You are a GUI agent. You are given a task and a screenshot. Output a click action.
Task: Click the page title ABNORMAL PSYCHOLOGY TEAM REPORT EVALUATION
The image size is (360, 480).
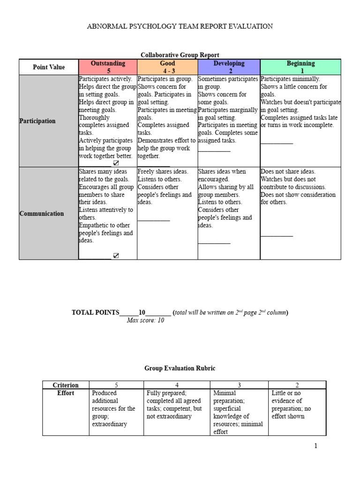(x=180, y=26)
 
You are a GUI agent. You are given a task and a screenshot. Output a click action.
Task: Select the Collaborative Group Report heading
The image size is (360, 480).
(x=180, y=55)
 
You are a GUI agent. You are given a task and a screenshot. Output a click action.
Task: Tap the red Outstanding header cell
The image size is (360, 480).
(x=108, y=67)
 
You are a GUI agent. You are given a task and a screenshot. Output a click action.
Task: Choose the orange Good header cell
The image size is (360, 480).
(x=167, y=67)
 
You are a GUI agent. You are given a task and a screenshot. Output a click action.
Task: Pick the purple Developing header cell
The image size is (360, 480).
(x=229, y=67)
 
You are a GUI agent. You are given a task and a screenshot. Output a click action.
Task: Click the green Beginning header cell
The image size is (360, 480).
(x=300, y=67)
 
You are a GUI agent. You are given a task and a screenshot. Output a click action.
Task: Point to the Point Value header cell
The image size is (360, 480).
(x=49, y=67)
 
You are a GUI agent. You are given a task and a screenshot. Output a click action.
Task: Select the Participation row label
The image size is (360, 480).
(x=37, y=121)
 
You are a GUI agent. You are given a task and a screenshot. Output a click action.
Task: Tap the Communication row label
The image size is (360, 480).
(x=42, y=214)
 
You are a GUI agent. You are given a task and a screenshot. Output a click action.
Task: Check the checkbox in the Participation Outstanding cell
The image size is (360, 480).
(x=116, y=163)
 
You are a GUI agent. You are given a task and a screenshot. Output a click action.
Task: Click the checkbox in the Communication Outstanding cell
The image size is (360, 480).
(x=116, y=255)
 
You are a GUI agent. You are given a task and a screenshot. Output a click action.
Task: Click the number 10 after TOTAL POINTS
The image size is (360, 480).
(x=142, y=313)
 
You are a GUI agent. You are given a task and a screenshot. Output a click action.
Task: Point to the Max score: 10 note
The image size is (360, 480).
(x=145, y=321)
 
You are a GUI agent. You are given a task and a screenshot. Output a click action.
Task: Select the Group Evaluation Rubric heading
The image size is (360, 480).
(x=180, y=368)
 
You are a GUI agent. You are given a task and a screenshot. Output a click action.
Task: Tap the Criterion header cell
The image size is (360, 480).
(x=66, y=385)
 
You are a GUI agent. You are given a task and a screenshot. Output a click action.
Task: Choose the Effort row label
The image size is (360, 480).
(x=66, y=393)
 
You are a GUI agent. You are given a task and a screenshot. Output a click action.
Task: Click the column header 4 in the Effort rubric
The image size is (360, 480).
(x=177, y=385)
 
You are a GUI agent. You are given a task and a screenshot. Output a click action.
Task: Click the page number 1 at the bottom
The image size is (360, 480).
(x=316, y=446)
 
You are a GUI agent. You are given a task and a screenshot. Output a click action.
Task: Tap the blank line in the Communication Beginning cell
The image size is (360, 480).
(x=277, y=236)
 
